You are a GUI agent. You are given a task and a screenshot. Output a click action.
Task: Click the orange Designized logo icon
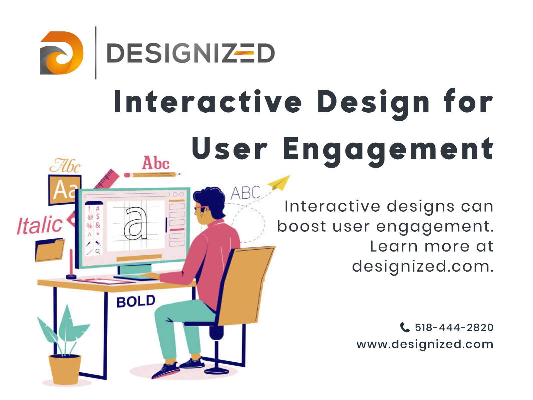click(62, 53)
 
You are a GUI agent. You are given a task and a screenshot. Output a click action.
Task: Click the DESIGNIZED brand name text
click(191, 53)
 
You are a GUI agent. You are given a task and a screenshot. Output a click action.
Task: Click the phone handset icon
click(404, 327)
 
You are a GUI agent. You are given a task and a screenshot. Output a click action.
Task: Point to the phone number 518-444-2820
click(454, 327)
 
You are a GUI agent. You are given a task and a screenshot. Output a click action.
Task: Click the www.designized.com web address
click(425, 344)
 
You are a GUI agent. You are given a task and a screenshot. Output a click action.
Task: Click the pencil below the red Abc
click(153, 174)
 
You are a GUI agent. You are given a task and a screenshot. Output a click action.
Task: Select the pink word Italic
click(40, 225)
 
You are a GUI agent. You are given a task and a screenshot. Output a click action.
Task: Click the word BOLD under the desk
click(136, 301)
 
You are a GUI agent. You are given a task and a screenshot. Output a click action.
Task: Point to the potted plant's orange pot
click(65, 369)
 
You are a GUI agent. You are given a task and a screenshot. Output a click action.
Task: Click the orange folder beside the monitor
click(50, 250)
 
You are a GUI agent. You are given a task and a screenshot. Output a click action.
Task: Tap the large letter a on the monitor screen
click(136, 223)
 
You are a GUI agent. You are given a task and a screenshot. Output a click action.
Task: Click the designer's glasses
click(201, 208)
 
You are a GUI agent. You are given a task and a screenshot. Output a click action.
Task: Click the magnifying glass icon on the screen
click(98, 251)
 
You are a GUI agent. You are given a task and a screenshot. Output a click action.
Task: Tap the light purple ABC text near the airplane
click(245, 193)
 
